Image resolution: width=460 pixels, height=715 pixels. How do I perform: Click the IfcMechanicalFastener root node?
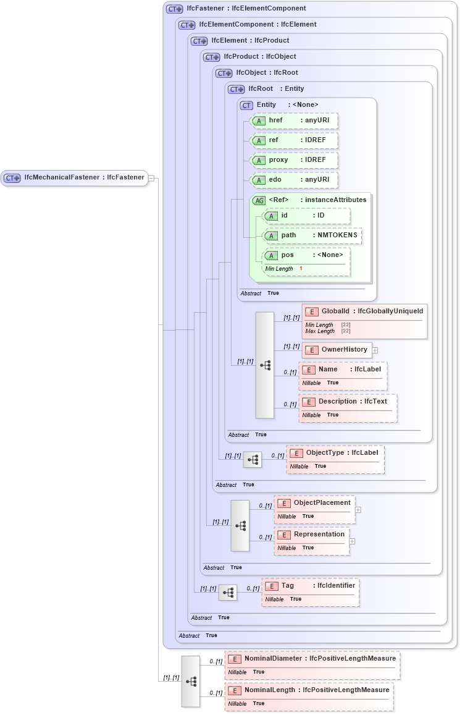[74, 178]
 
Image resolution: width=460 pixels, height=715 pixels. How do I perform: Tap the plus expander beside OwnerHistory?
[375, 350]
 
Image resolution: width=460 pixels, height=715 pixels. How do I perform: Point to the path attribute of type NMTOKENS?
[312, 235]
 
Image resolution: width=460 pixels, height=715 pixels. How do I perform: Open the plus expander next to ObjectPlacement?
[358, 510]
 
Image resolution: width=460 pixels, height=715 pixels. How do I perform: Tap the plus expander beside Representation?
[352, 541]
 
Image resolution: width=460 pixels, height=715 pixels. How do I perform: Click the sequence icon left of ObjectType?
[252, 460]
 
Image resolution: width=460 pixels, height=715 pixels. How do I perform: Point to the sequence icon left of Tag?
[228, 593]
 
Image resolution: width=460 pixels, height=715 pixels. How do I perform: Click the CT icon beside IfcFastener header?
[174, 9]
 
